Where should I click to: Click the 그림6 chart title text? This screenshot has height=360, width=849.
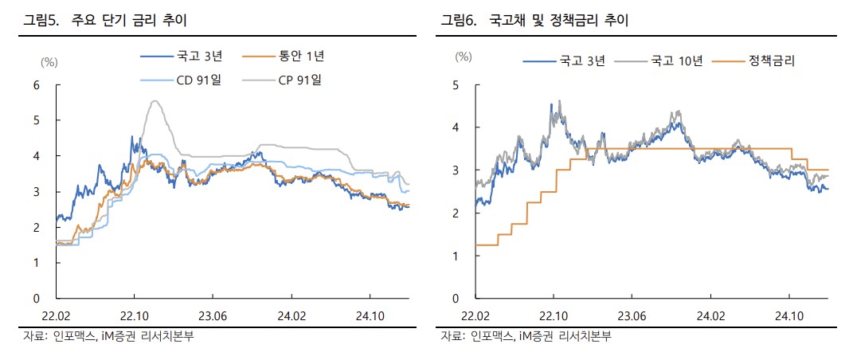point(534,20)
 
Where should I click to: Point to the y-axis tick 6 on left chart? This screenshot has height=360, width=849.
point(36,84)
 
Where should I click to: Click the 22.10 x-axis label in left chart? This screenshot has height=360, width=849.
point(135,316)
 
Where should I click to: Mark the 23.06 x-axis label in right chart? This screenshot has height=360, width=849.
point(632,316)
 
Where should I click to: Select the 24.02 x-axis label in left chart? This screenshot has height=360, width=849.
point(291,316)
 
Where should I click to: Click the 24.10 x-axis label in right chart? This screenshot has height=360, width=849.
point(789,316)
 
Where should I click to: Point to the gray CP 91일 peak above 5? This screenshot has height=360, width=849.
point(155,101)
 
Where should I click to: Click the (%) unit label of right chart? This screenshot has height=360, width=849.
point(464,57)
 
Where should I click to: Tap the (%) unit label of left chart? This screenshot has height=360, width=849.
point(49,61)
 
